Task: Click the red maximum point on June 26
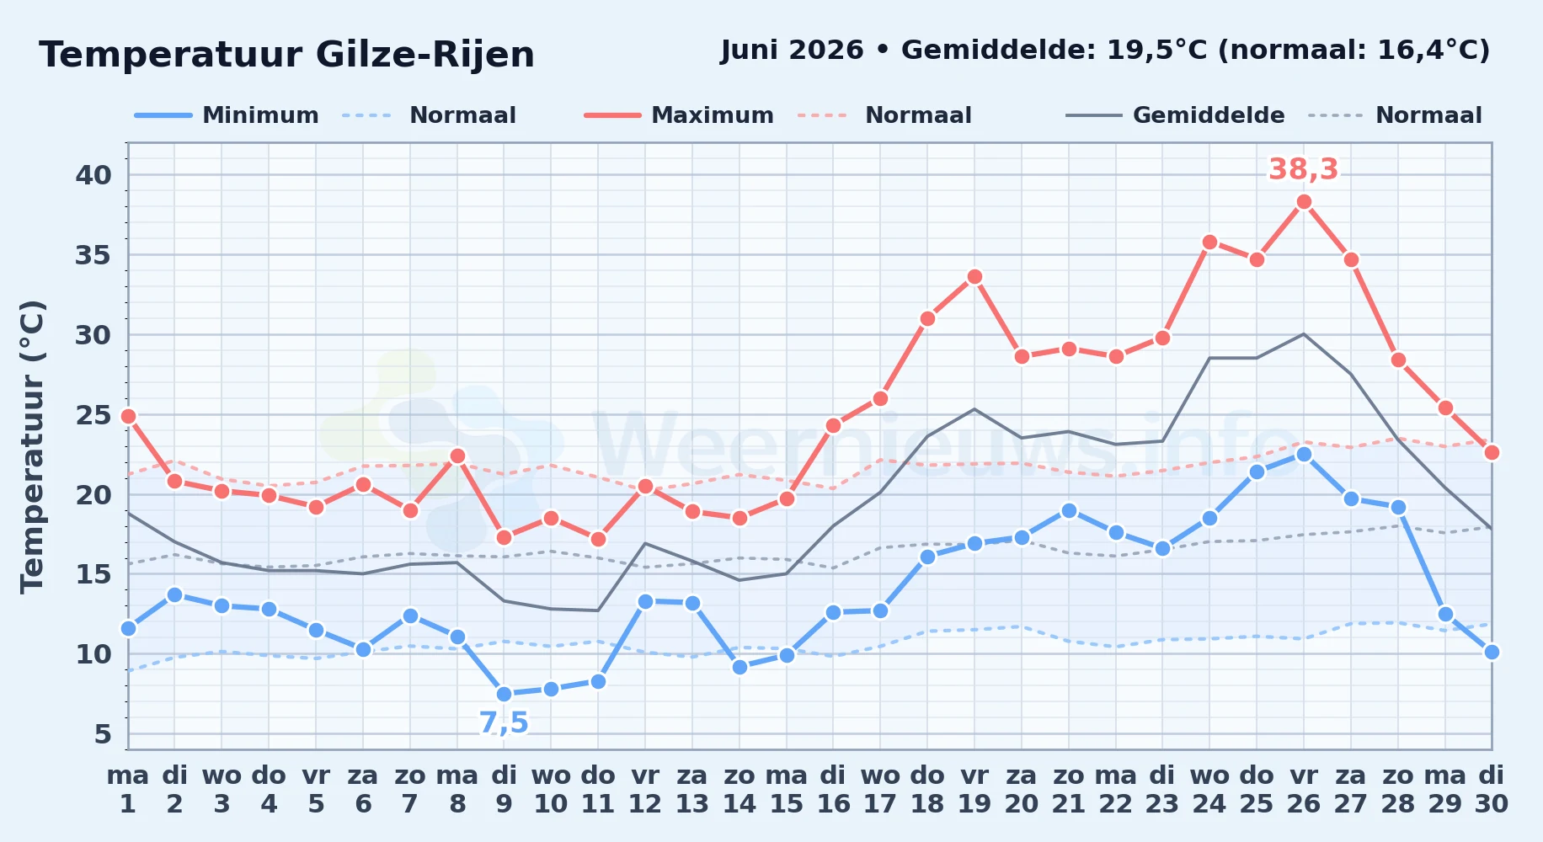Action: coord(1304,201)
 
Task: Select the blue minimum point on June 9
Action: coord(504,694)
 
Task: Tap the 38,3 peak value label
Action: coord(1303,170)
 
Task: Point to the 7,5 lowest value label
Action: coord(504,723)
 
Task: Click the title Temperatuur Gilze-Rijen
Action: coord(287,55)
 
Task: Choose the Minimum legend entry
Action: coord(227,115)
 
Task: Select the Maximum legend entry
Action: coord(679,115)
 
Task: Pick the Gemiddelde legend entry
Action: coord(1175,115)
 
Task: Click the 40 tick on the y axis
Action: coord(93,175)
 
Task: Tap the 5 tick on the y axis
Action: coord(103,734)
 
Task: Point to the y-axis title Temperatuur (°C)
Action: coord(32,446)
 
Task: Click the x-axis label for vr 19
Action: coord(974,789)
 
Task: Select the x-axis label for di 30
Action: coord(1491,789)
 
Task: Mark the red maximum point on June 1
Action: coord(128,416)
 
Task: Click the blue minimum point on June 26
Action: coord(1304,454)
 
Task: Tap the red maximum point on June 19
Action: coord(974,276)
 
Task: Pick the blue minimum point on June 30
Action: coord(1492,652)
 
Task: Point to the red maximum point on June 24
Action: coord(1209,242)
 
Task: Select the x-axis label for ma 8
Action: coord(457,789)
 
